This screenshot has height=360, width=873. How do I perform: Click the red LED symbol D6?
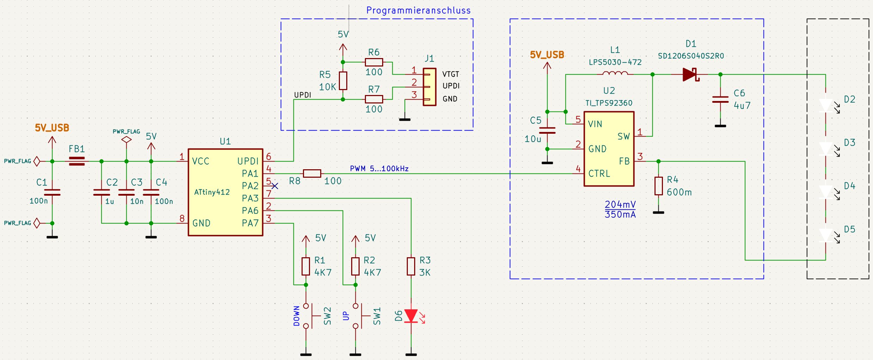(411, 316)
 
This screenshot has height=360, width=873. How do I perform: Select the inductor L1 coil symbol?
(615, 74)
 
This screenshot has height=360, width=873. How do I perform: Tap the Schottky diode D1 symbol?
(690, 75)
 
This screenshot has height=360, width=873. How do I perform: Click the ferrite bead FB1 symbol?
(77, 161)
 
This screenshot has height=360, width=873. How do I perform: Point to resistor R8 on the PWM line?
(312, 173)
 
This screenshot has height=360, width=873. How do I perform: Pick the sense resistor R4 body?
(658, 186)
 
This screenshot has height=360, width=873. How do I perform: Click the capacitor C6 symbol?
(720, 100)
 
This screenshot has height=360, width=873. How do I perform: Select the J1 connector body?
(429, 87)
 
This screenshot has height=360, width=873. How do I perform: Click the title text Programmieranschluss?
(418, 11)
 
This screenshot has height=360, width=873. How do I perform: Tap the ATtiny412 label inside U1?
(212, 192)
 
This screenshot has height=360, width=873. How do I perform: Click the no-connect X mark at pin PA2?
(275, 186)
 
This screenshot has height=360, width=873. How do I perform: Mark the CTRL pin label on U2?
(599, 173)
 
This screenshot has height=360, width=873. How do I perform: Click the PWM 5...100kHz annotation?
(379, 169)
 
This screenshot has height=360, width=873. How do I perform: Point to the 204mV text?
(620, 204)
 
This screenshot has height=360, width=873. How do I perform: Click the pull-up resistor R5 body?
(343, 81)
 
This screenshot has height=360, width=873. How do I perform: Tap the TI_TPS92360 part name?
(609, 103)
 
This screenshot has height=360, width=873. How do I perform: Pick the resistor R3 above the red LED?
(411, 266)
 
